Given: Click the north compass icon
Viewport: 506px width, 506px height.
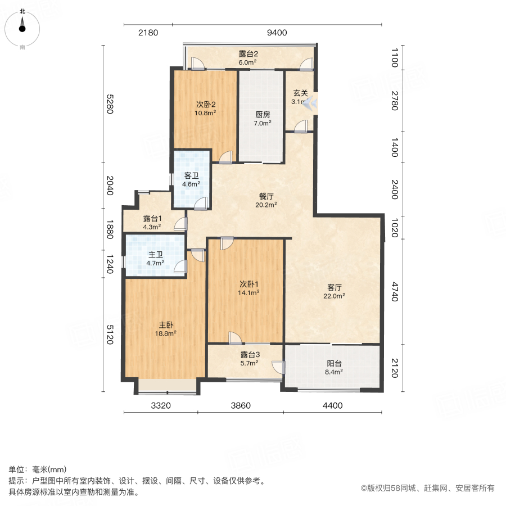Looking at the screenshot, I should (22, 26).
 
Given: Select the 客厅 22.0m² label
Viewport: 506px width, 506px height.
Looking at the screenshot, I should (336, 291).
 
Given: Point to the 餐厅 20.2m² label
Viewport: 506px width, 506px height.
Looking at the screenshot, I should (266, 200).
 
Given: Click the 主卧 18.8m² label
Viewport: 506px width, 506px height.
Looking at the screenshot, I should (166, 328).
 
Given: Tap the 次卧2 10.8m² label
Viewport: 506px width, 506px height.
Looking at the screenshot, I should (206, 108).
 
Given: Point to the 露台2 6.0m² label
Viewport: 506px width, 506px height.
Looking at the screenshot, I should (247, 58).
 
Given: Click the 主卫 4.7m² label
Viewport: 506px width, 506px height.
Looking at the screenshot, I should (155, 258).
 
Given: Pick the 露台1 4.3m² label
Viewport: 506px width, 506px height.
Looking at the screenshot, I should (152, 222).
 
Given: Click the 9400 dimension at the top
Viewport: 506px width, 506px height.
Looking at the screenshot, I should (277, 33).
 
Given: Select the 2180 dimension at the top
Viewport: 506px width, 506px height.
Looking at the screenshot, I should (148, 33).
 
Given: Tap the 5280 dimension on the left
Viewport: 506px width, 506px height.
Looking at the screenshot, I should (110, 103).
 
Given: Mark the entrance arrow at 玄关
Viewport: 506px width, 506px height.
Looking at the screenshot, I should (310, 103).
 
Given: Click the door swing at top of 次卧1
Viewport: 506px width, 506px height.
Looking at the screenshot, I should (227, 243).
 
